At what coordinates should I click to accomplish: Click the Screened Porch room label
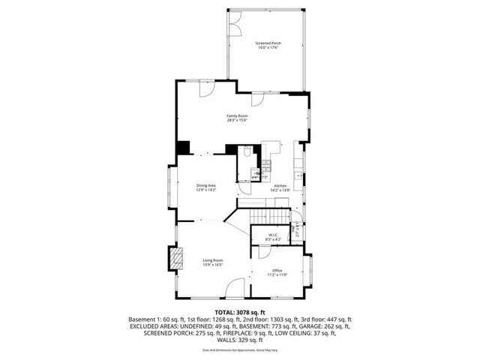[267, 43]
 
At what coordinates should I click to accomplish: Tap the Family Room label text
[238, 115]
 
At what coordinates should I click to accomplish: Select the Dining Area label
[206, 185]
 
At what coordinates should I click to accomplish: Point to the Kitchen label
[280, 185]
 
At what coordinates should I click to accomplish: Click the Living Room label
[213, 260]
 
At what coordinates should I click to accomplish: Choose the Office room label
[277, 271]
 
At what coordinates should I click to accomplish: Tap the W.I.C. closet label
[272, 235]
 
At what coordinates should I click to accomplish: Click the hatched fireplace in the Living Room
[175, 259]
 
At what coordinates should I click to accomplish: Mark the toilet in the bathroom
[246, 151]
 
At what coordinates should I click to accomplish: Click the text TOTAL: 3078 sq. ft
[239, 311]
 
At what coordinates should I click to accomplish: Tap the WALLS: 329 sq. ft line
[239, 340]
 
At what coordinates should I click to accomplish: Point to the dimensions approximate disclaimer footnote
[239, 350]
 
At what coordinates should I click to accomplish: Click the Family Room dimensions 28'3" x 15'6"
[238, 120]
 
